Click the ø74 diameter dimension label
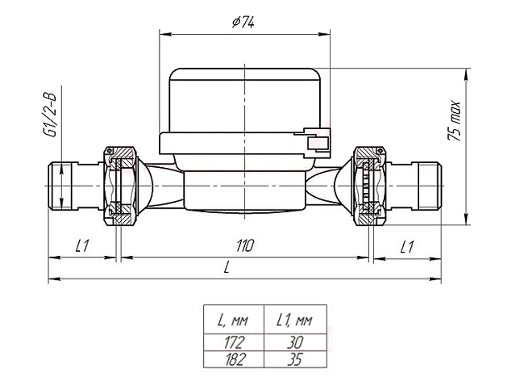243,23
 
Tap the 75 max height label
455,121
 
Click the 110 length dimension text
245,246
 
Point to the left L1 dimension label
82,246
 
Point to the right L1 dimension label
406,247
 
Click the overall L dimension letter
227,267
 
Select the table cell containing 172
234,342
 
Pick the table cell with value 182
234,359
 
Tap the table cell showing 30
295,342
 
